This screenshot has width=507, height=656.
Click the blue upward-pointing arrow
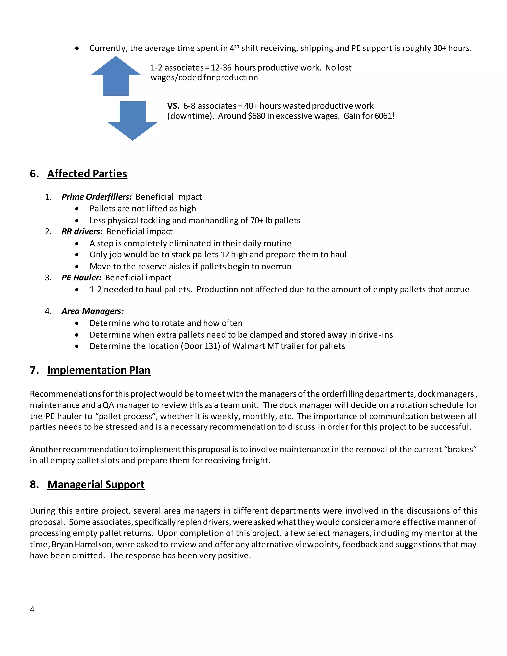(116, 76)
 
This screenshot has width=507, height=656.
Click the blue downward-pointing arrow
(132, 120)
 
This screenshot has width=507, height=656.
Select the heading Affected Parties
(87, 174)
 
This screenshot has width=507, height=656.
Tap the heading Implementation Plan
(99, 370)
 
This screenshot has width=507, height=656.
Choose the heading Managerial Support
(96, 484)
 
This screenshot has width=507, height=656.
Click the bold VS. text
(173, 106)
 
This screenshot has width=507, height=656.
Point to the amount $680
(256, 116)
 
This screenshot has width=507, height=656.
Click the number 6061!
(384, 116)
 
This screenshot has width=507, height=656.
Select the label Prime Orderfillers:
(96, 197)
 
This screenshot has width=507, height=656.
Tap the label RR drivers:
(82, 232)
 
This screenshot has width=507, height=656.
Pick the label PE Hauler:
(81, 278)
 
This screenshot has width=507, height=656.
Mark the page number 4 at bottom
(32, 609)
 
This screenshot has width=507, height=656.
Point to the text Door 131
(200, 346)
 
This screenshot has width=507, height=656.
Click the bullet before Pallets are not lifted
(77, 209)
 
